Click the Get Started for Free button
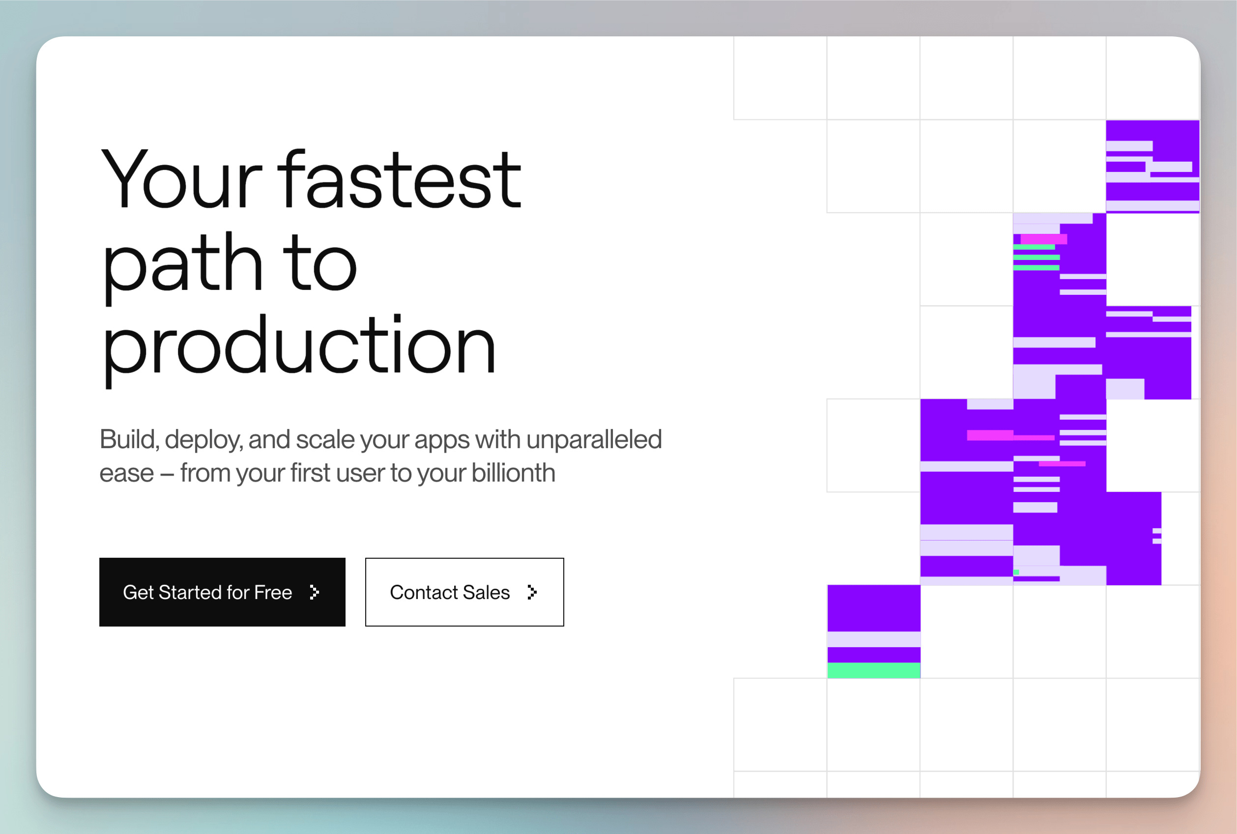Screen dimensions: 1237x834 tap(222, 592)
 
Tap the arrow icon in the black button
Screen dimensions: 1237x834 tap(315, 592)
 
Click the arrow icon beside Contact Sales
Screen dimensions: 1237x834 tap(532, 592)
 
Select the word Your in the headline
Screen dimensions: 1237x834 tap(181, 179)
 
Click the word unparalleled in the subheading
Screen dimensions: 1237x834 tap(594, 439)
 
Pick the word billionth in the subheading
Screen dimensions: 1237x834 tap(513, 472)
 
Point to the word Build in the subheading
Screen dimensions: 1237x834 tap(129, 439)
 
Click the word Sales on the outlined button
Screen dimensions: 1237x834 tap(486, 592)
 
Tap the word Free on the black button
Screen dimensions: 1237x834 tap(273, 592)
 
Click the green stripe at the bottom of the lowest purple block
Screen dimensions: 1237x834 tap(874, 670)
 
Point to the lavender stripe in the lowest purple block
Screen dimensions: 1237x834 tap(874, 639)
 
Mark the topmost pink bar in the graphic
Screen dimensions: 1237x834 tap(1043, 239)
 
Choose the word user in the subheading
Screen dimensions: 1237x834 tap(360, 473)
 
